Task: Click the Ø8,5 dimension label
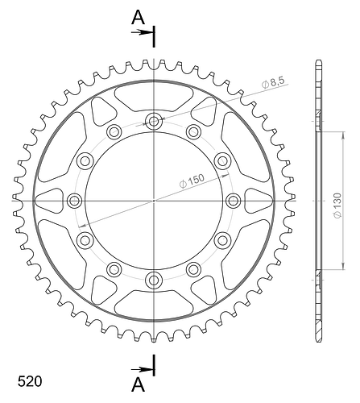(x=273, y=82)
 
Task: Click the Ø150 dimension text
(x=192, y=181)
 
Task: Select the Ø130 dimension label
(x=337, y=206)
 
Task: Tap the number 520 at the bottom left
(x=30, y=381)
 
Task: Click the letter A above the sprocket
(x=138, y=18)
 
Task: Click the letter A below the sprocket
(x=138, y=384)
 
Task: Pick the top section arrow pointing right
(x=142, y=32)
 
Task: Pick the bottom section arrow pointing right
(x=142, y=370)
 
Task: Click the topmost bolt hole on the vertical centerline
(x=154, y=122)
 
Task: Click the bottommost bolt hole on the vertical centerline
(x=154, y=280)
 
